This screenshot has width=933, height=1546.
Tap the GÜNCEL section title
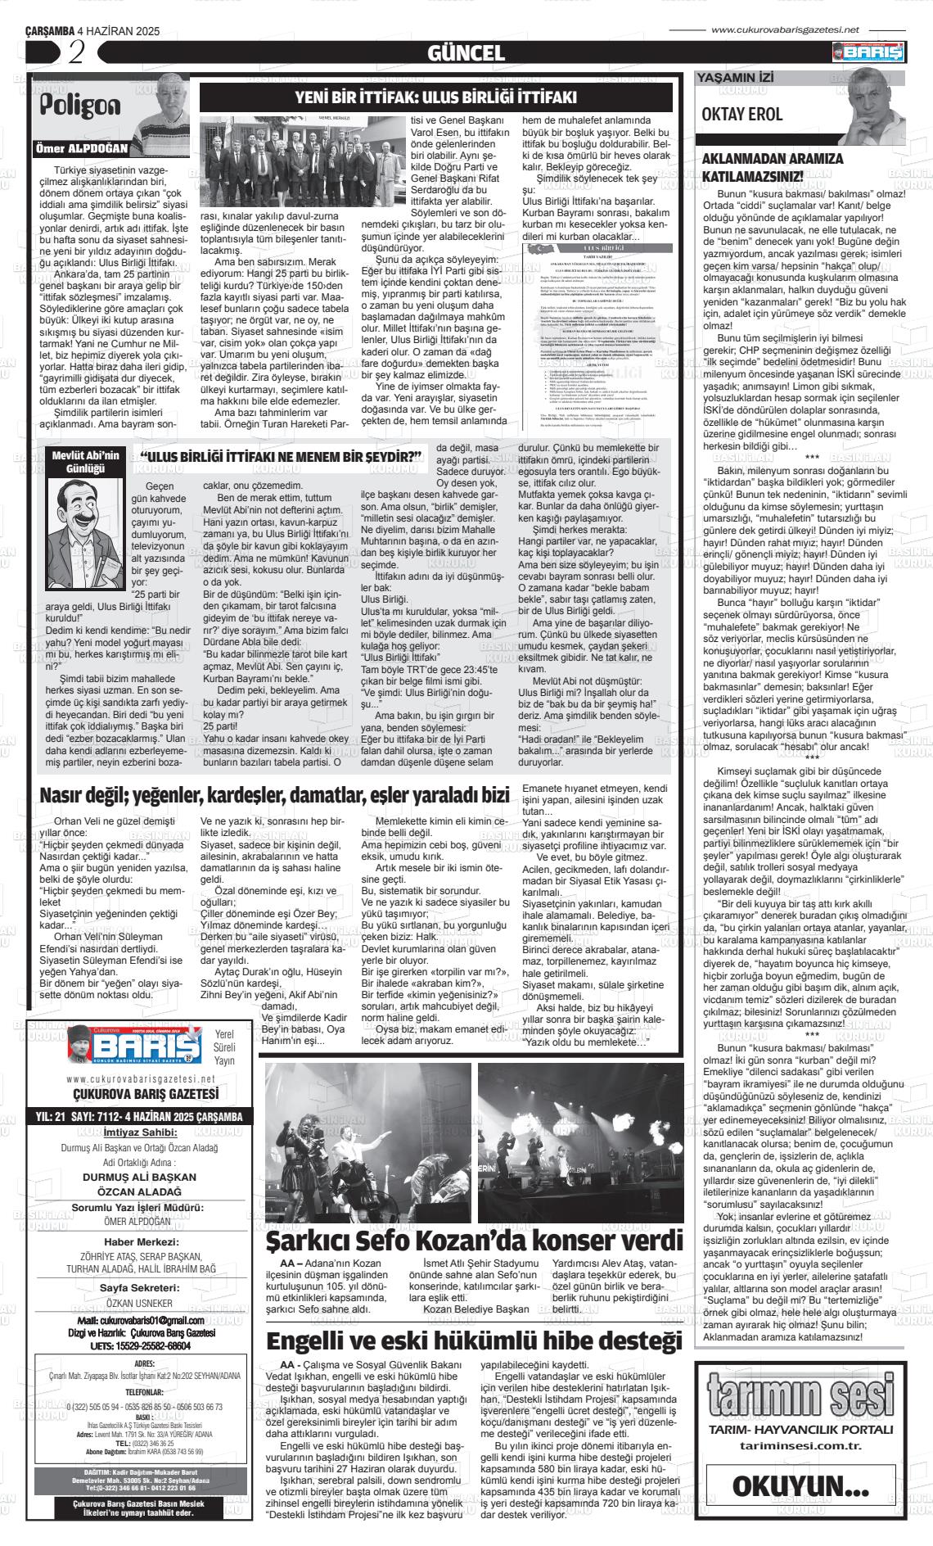[x=466, y=54]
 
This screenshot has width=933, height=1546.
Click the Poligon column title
[x=81, y=106]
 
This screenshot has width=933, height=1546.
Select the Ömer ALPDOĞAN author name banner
[x=82, y=149]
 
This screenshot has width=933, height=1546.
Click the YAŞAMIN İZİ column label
[x=734, y=79]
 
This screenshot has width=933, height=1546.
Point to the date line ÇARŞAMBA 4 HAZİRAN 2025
[x=92, y=31]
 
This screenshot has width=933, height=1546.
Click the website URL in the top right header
[x=785, y=29]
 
